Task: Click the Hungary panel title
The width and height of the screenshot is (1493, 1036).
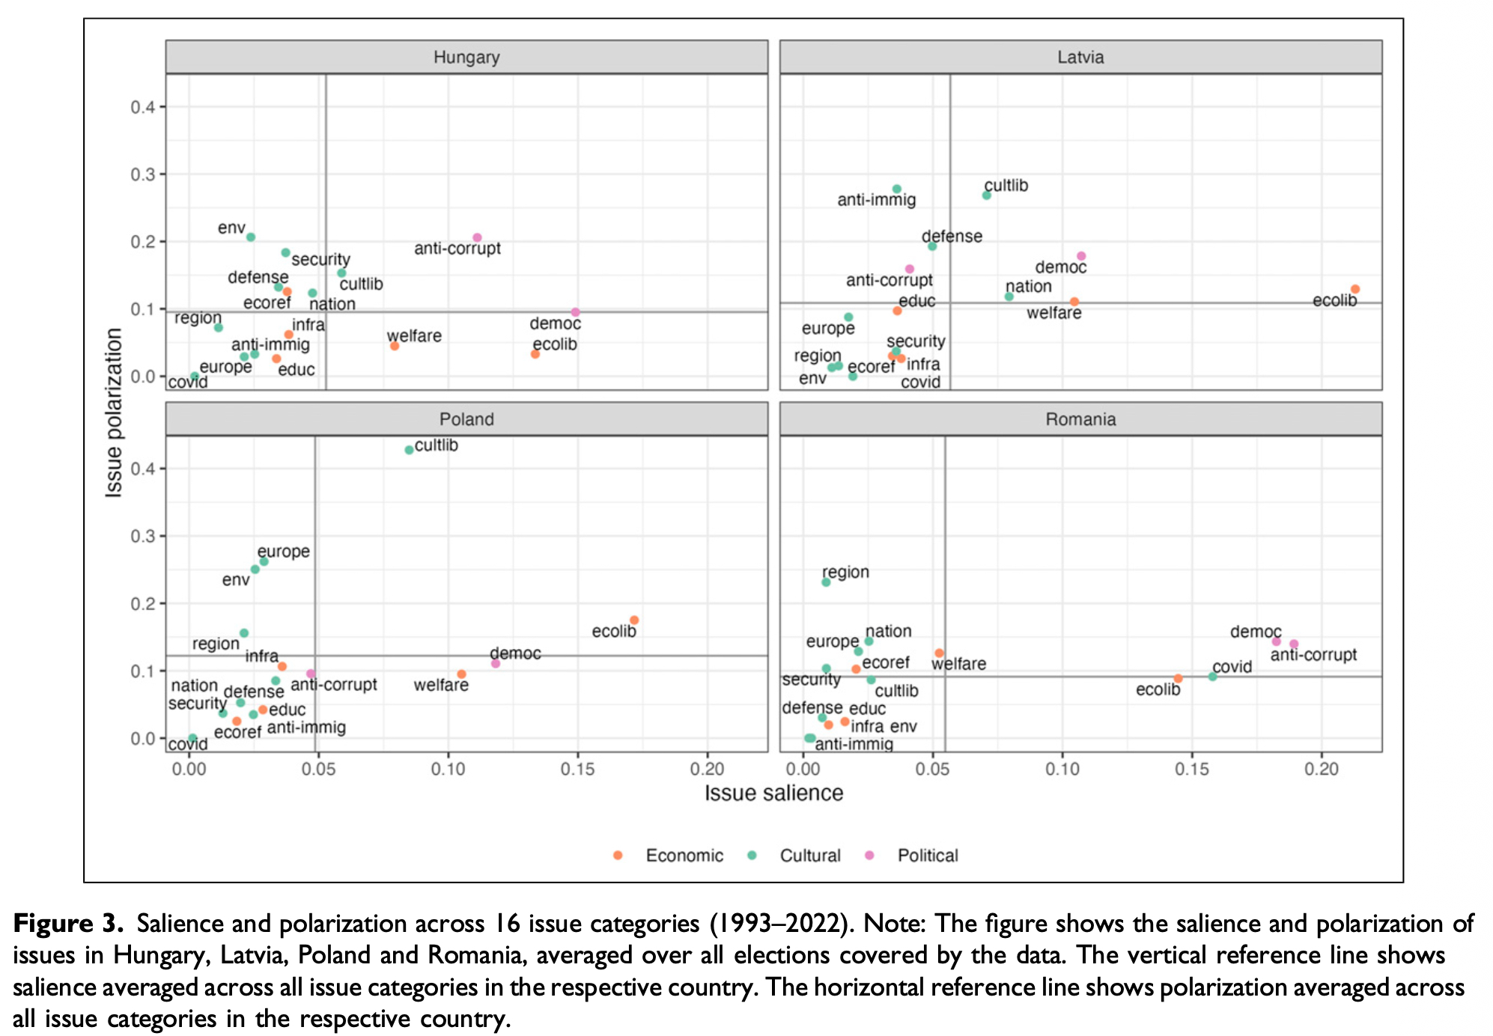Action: point(466,58)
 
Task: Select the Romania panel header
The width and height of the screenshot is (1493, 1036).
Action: point(1080,419)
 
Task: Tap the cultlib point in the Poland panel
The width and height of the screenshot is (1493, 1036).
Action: point(409,450)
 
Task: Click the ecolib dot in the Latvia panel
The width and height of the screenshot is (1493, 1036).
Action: point(1355,289)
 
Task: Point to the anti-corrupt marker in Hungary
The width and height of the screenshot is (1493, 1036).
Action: point(477,237)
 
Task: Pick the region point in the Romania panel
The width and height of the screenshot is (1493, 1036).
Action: point(826,582)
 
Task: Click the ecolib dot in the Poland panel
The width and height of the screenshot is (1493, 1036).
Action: point(634,620)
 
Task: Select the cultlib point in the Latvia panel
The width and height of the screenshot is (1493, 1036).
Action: point(987,195)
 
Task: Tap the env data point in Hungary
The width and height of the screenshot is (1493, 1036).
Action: point(251,237)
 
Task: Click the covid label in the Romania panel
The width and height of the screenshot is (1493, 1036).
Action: point(1232,666)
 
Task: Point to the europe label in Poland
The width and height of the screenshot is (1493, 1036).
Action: point(283,552)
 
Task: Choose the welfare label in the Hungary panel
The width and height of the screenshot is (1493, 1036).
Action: point(414,336)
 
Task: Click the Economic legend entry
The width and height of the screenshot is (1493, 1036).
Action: point(684,856)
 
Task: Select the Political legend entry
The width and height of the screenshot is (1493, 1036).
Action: point(927,856)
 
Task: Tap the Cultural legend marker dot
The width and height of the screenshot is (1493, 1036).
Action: point(752,856)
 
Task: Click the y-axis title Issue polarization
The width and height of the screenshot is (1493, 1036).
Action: point(114,412)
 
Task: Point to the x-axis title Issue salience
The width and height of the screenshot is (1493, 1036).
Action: point(773,793)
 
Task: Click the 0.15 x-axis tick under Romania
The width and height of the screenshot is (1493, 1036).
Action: point(1192,769)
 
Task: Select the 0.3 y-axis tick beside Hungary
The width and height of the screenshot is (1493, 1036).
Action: point(143,174)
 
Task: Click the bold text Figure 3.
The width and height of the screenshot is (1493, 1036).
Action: point(68,924)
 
